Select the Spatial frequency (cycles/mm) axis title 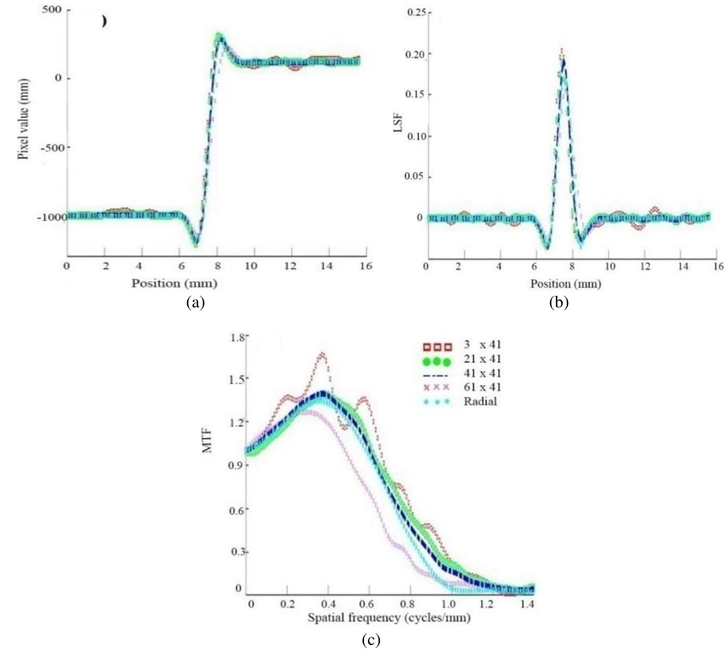389,618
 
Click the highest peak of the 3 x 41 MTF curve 322,353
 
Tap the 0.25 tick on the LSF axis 416,12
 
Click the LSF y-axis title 398,123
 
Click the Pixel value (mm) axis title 23,119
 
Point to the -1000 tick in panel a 51,217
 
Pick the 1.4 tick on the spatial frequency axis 527,604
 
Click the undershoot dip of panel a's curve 196,245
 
